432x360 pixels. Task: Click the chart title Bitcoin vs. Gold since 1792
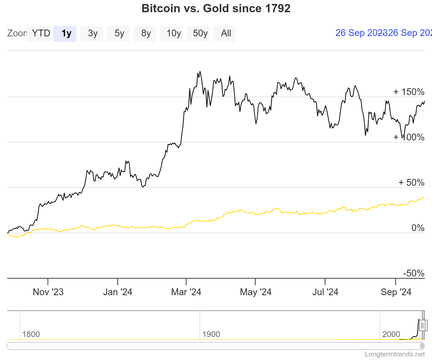[x=216, y=9]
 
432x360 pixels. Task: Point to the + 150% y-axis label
[x=409, y=92]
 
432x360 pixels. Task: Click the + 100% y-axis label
[x=409, y=137]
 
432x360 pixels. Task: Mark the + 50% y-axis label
[x=411, y=183]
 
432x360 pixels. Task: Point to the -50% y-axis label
[x=414, y=273]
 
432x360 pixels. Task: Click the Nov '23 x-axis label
[x=48, y=292]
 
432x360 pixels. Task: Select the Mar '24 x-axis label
[x=186, y=292]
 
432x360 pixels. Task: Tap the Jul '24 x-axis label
[x=325, y=292]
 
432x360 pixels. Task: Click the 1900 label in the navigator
[x=211, y=334]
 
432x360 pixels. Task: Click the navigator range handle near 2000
[x=423, y=325]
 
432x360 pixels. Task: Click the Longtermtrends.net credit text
[x=395, y=354]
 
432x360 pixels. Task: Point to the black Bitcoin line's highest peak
[x=200, y=71]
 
